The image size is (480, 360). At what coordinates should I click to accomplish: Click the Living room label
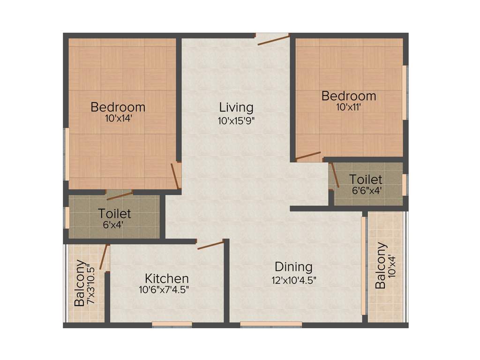pos(236,107)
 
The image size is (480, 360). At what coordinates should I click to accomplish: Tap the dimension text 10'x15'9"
pos(236,120)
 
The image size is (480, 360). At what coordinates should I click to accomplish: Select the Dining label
pos(293,267)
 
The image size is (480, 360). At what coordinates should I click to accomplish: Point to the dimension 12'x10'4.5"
pos(293,280)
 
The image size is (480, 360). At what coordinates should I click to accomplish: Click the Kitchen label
pos(167,278)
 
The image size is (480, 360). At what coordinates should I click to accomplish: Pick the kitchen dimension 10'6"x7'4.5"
pos(164,290)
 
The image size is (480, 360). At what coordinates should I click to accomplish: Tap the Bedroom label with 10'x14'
pos(118,107)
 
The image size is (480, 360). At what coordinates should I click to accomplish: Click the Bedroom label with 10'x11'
pos(349,96)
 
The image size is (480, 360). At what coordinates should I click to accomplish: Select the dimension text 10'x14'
pos(118,119)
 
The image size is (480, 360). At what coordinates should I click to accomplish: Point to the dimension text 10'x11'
pos(349,107)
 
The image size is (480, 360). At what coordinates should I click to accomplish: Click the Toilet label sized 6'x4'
pos(115,214)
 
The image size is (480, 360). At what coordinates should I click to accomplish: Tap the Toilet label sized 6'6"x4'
pos(366,179)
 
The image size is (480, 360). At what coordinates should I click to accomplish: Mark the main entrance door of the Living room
pos(273,40)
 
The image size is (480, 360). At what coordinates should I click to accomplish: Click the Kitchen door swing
pos(210,245)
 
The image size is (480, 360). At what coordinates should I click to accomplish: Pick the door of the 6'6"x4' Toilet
pos(335,175)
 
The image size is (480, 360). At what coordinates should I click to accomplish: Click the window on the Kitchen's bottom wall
pos(172,323)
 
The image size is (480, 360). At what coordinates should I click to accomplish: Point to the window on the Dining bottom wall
pos(271,323)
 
